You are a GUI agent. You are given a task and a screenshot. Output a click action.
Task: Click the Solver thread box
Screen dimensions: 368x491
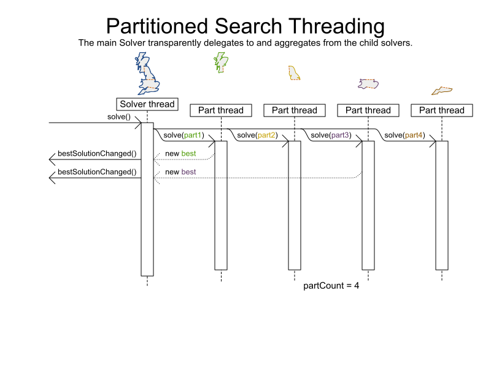(147, 104)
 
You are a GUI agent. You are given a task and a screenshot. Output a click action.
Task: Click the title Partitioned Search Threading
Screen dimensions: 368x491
(245, 27)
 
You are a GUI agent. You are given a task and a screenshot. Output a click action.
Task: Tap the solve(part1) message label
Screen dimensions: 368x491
(184, 135)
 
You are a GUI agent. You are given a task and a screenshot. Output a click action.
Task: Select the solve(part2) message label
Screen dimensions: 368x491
(257, 135)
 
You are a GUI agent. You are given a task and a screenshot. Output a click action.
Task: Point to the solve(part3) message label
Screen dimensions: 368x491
(331, 135)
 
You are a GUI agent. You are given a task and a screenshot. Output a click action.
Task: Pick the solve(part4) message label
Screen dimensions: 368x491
(404, 135)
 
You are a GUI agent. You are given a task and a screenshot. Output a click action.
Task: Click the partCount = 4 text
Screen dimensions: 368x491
(331, 286)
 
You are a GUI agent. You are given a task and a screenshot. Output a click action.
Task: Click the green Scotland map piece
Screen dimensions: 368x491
(220, 61)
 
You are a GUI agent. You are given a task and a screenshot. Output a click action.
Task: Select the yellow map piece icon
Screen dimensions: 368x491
(294, 74)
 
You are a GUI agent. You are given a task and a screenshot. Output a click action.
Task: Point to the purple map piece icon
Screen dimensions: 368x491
(368, 84)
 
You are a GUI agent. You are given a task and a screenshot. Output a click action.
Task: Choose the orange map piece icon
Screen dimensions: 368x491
(442, 91)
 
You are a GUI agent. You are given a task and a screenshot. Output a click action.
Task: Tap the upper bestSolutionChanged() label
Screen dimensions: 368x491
(97, 153)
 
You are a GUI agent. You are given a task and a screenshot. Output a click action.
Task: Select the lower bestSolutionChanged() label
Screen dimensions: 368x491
(97, 172)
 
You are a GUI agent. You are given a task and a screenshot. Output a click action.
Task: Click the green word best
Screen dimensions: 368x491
(188, 153)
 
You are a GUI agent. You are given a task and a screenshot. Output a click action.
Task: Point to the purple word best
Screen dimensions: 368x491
(188, 172)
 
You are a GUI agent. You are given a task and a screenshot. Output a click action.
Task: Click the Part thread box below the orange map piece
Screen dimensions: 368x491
(442, 110)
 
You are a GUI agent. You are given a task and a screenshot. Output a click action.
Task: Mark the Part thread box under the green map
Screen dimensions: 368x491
(221, 110)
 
